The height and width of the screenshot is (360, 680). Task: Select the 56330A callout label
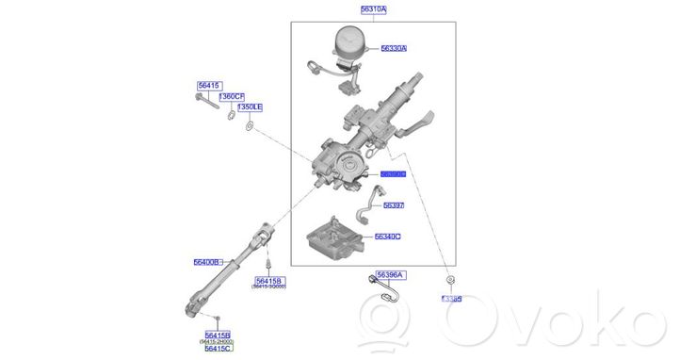pyautogui.click(x=394, y=47)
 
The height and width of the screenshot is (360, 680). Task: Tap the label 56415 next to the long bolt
pyautogui.click(x=208, y=86)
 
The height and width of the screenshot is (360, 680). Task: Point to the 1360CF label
pyautogui.click(x=232, y=97)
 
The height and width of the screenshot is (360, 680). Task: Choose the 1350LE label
pyautogui.click(x=250, y=107)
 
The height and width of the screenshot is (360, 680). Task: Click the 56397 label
pyautogui.click(x=392, y=205)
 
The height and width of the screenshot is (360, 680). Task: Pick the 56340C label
pyautogui.click(x=387, y=237)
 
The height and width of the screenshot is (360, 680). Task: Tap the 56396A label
pyautogui.click(x=389, y=275)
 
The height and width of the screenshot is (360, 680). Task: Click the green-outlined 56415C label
pyautogui.click(x=219, y=349)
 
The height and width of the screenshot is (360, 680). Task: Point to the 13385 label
pyautogui.click(x=452, y=299)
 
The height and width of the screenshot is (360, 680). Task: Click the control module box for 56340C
pyautogui.click(x=335, y=239)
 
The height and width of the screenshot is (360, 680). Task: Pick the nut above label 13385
pyautogui.click(x=451, y=281)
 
